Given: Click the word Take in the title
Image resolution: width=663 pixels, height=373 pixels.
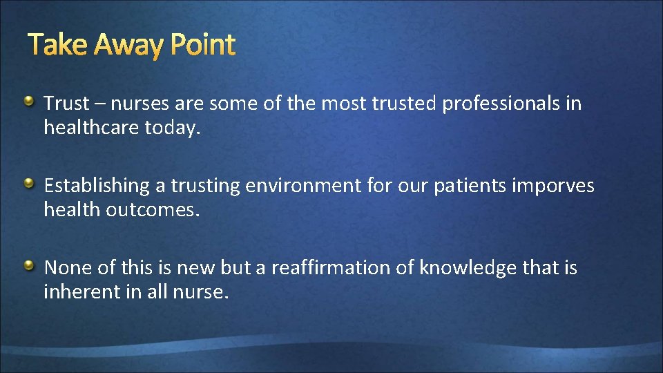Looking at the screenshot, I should click(59, 46).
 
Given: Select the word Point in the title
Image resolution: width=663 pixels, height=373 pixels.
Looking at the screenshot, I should click(203, 46).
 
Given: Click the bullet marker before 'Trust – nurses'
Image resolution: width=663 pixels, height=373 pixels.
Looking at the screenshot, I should click(30, 102).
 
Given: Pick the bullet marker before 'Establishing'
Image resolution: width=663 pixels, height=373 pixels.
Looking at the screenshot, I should click(30, 184).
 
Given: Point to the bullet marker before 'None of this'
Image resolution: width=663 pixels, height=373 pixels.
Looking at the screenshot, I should click(30, 265).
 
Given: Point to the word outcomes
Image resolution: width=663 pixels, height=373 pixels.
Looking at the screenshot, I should click(152, 210).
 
